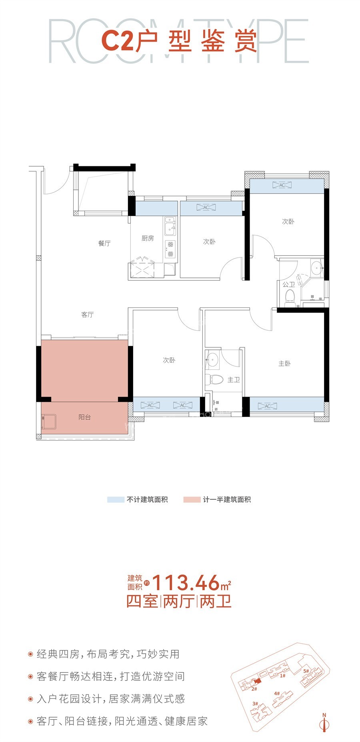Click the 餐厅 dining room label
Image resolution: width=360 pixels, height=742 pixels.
pyautogui.click(x=104, y=243)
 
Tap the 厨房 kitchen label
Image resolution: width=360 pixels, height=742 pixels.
pyautogui.click(x=148, y=238)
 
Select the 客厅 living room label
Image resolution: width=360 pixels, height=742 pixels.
pyautogui.click(x=88, y=315)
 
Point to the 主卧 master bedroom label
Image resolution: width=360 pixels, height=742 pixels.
pyautogui.click(x=284, y=363)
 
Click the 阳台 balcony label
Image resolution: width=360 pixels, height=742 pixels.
pyautogui.click(x=84, y=417)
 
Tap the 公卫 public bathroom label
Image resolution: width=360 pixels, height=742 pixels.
pyautogui.click(x=288, y=285)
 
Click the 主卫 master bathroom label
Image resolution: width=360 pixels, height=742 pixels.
pyautogui.click(x=234, y=379)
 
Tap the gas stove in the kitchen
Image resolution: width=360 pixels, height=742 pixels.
pyautogui.click(x=170, y=249)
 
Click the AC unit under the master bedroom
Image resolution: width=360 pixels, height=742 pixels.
pyautogui.click(x=268, y=406)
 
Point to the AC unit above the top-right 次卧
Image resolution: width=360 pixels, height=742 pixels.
pyautogui.click(x=282, y=185)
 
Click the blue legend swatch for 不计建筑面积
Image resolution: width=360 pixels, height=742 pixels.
pyautogui.click(x=116, y=499)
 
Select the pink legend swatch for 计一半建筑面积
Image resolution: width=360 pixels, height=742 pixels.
pyautogui.click(x=192, y=499)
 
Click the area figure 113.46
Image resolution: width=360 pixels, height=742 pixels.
pyautogui.click(x=186, y=583)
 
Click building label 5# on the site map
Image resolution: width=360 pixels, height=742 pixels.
pyautogui.click(x=306, y=671)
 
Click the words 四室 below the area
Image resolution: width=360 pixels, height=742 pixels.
pyautogui.click(x=142, y=601)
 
